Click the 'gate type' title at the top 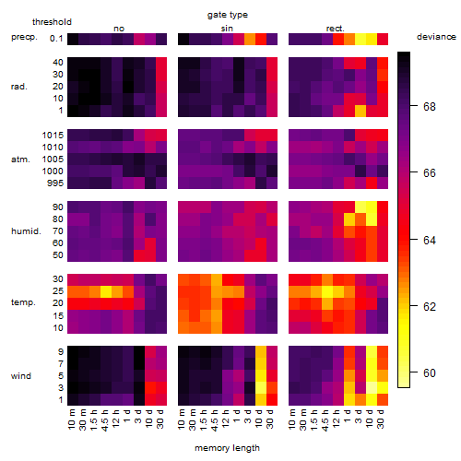[228, 15]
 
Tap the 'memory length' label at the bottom [227, 448]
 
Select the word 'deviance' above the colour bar [436, 37]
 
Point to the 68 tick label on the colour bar [430, 106]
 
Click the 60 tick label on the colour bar [430, 372]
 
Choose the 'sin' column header [227, 29]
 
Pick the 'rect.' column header [336, 29]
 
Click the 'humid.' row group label [26, 231]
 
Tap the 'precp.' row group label [24, 38]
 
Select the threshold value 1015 [53, 136]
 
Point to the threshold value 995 [55, 183]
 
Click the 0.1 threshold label [56, 39]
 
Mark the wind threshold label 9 [61, 352]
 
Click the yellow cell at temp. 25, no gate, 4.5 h [106, 291]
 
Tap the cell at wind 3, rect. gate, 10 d [372, 387]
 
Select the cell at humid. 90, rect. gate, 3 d [361, 207]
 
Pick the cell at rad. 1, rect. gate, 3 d [361, 111]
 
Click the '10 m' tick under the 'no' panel [71, 420]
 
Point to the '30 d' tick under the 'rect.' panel [381, 419]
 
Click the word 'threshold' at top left [52, 22]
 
